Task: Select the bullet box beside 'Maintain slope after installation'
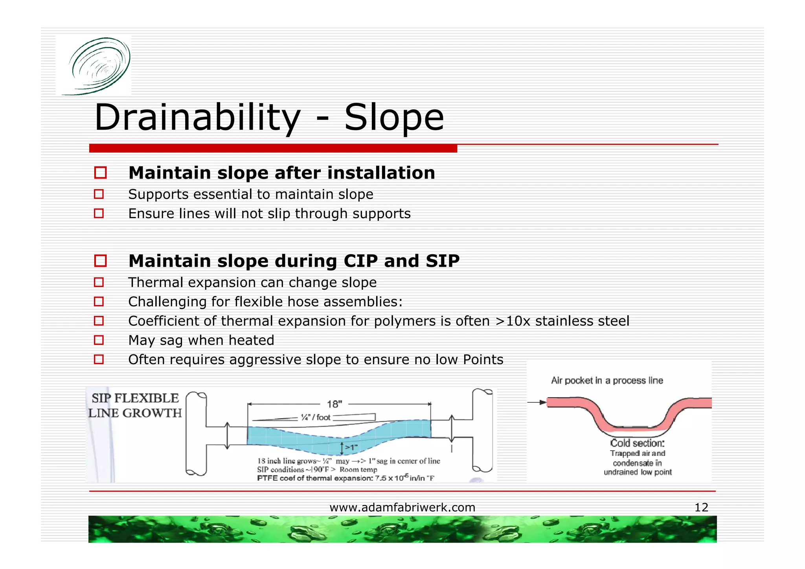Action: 101,173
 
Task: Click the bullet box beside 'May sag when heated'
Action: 99,340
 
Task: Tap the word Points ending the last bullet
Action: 483,359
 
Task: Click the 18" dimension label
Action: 334,404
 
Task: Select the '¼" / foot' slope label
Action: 316,417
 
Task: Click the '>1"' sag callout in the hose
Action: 351,447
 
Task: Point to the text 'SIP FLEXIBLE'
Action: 135,398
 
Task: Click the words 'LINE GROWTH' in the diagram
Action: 135,413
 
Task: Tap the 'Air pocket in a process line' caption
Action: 607,380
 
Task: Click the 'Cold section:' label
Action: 637,443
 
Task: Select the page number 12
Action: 701,507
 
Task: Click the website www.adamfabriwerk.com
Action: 402,507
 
